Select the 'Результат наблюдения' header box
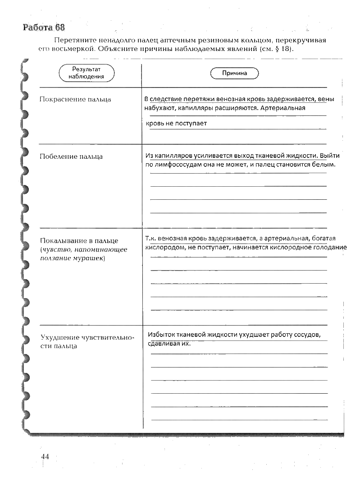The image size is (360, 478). [87, 73]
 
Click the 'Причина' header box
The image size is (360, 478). [234, 73]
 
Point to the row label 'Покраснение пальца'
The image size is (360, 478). [75, 99]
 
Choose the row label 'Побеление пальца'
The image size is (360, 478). [71, 156]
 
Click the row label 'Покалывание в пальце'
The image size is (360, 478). [79, 240]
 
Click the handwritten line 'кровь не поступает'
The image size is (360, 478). [177, 123]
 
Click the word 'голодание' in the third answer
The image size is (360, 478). [331, 248]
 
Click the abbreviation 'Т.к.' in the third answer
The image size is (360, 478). [151, 239]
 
